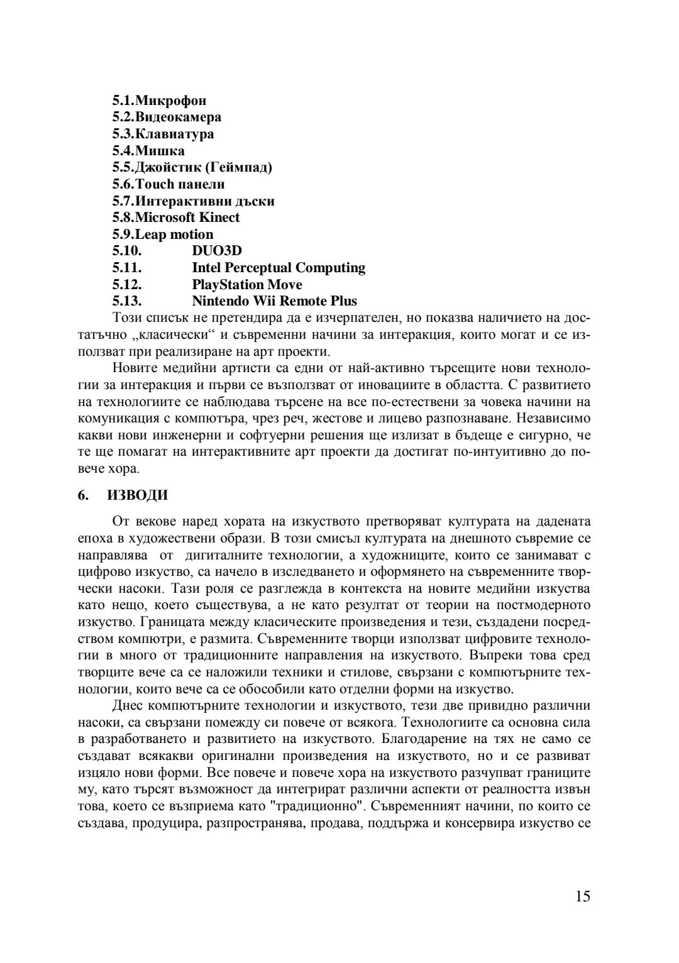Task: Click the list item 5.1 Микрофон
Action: pyautogui.click(x=159, y=101)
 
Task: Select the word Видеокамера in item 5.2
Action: pyautogui.click(x=179, y=117)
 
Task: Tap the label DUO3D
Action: pyautogui.click(x=217, y=251)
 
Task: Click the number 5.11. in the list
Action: pyautogui.click(x=127, y=268)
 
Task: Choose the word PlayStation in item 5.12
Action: pyautogui.click(x=228, y=285)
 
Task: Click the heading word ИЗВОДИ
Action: pyautogui.click(x=138, y=495)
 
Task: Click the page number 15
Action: pyautogui.click(x=582, y=897)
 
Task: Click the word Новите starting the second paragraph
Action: pyautogui.click(x=132, y=368)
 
